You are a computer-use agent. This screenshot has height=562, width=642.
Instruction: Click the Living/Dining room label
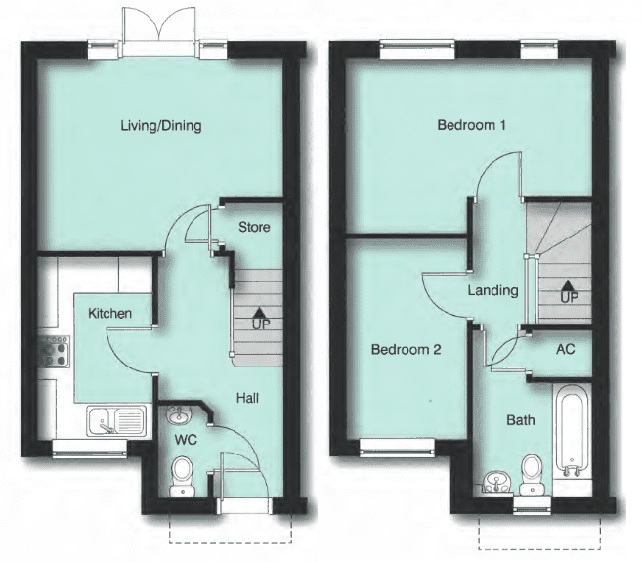161,126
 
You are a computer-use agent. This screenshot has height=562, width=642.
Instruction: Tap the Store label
254,228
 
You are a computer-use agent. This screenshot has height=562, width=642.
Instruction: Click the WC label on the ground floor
186,440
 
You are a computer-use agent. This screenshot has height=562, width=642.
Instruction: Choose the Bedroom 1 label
471,126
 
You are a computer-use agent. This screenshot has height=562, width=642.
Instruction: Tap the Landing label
492,290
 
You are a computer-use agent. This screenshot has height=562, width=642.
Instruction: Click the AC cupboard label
565,348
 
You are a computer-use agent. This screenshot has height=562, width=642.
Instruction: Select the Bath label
521,421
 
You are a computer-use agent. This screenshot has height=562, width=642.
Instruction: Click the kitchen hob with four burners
53,351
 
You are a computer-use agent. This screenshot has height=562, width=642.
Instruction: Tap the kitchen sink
114,421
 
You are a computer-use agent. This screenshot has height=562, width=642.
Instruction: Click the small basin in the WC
177,416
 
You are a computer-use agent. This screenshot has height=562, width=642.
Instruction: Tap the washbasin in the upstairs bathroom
495,481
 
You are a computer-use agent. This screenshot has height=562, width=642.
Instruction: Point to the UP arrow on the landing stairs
567,289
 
